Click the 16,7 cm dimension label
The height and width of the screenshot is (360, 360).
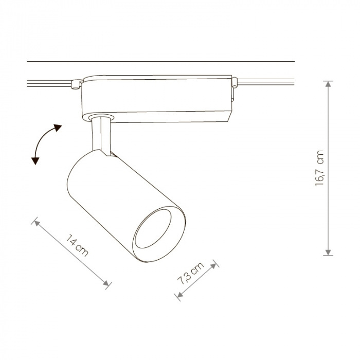tap(319, 168)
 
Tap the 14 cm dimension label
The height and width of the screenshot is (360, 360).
tap(77, 245)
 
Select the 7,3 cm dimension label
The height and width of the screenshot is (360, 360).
tap(191, 273)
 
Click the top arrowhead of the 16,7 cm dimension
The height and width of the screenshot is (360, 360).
tap(328, 84)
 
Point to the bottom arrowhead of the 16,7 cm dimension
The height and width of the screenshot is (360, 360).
tap(328, 252)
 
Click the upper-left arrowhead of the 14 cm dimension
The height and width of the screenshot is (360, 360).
tap(37, 223)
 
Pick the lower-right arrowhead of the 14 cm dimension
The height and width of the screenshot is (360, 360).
tap(106, 283)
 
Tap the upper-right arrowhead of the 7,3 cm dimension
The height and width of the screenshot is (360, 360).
tap(213, 266)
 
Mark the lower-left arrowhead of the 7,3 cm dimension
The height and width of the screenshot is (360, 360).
tap(180, 295)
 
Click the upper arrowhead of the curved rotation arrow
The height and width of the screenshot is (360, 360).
tap(58, 128)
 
